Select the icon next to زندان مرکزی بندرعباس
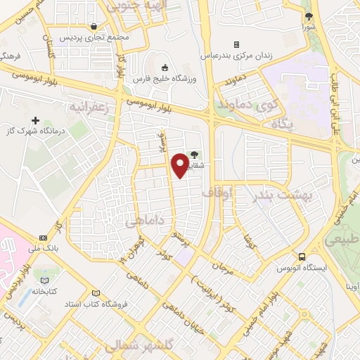coord(236,44)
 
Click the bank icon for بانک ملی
coord(43,238)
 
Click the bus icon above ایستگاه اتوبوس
coord(302,257)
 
